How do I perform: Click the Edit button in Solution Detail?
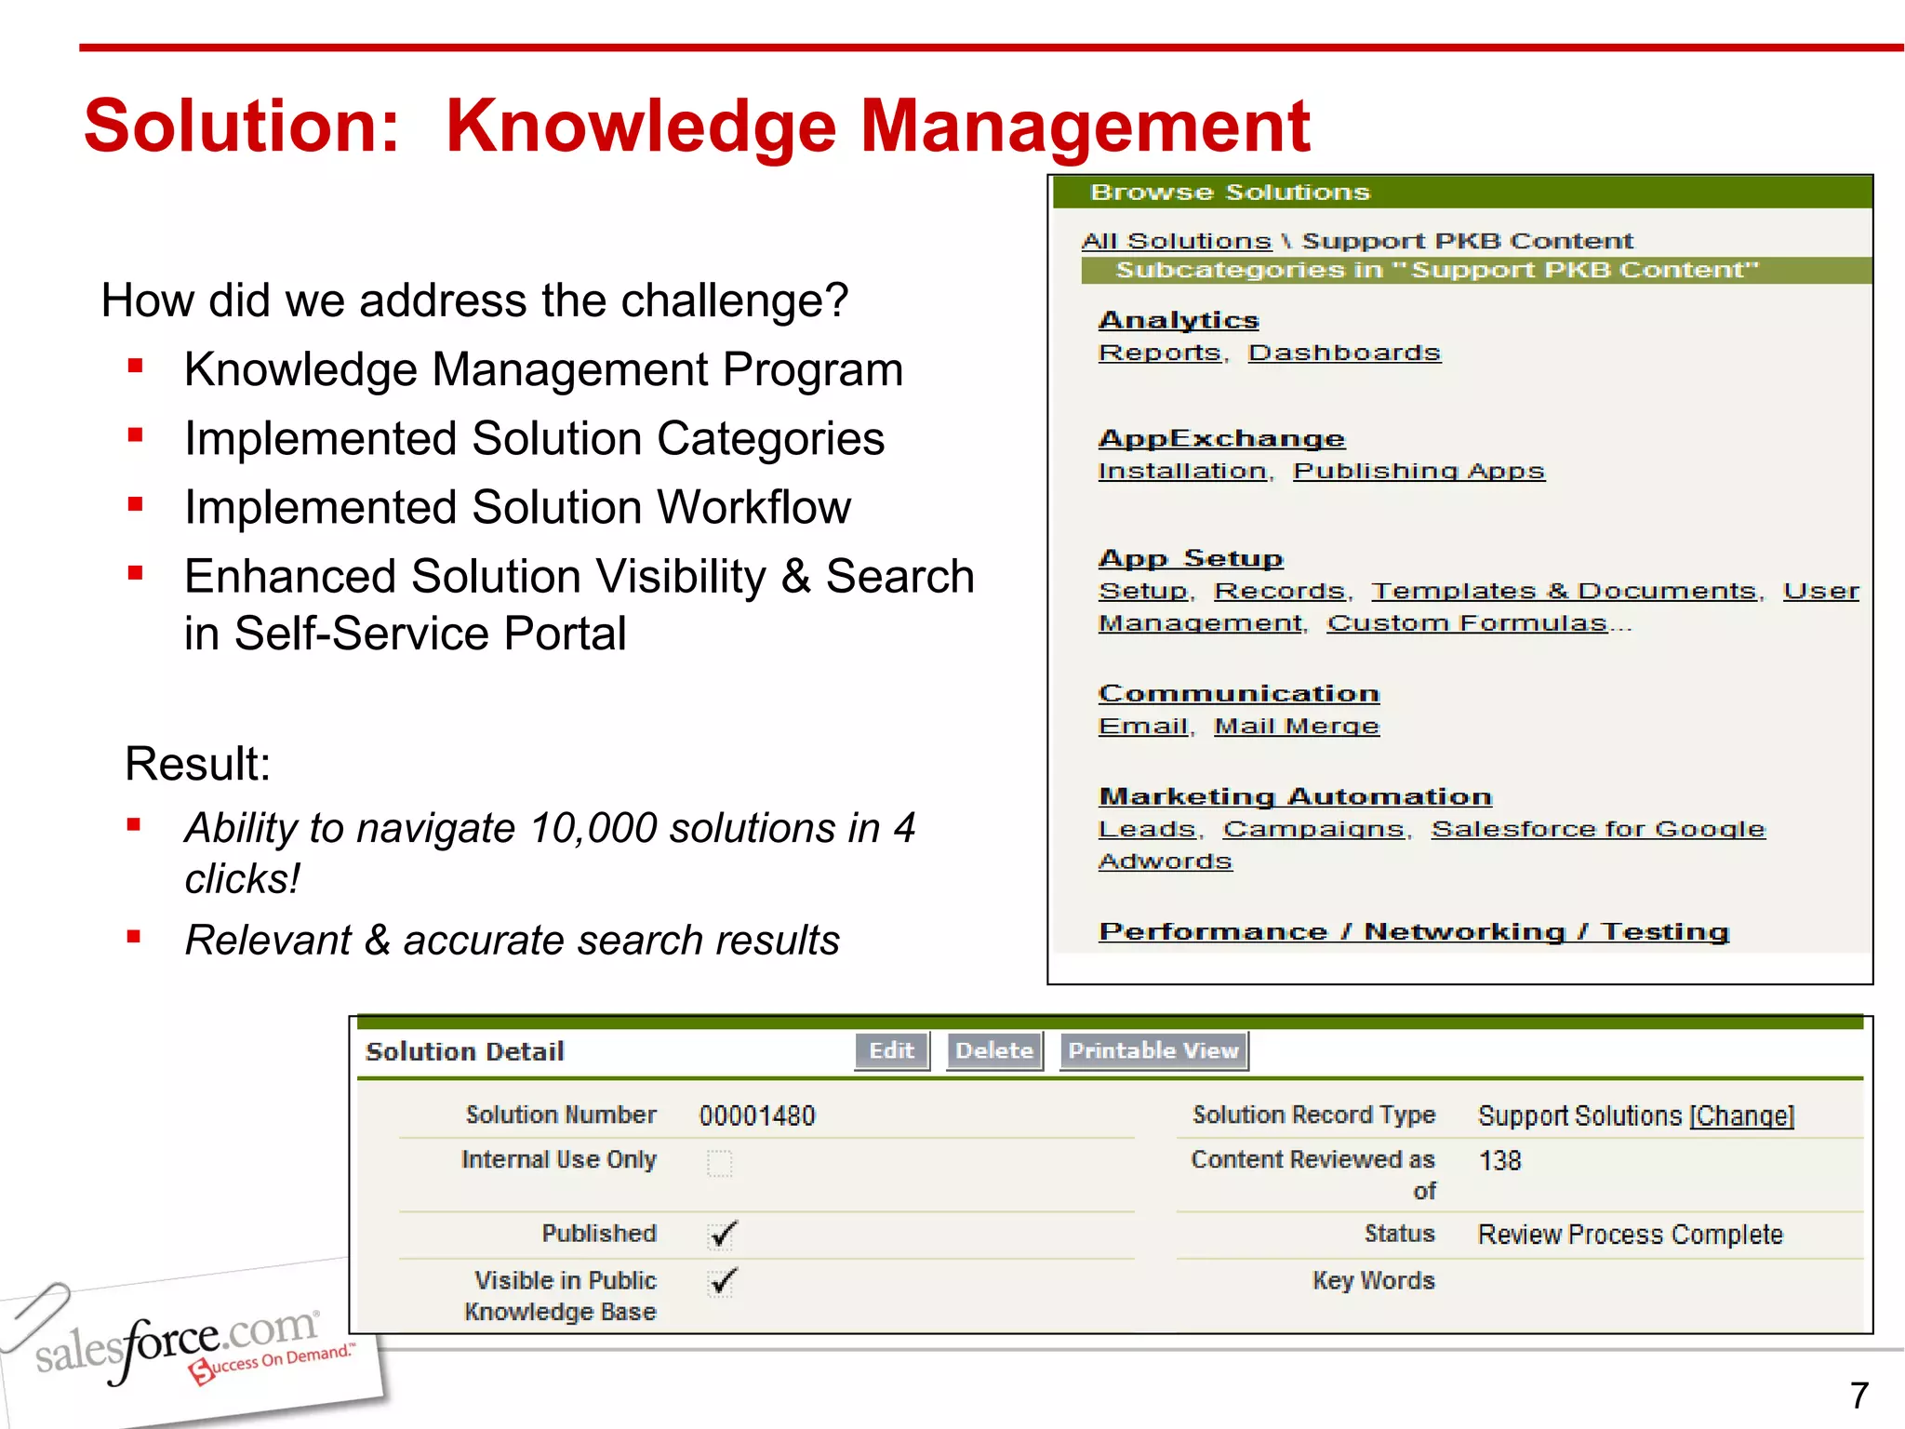(891, 1051)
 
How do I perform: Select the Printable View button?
(1153, 1051)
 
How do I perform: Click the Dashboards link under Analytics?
(1344, 354)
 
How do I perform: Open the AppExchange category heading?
(1221, 439)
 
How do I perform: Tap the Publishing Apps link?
(1419, 472)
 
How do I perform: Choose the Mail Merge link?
(1297, 727)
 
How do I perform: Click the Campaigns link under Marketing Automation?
(1313, 829)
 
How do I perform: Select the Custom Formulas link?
(1467, 623)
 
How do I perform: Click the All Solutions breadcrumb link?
(1176, 241)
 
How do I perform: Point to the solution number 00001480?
(757, 1115)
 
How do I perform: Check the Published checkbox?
(721, 1235)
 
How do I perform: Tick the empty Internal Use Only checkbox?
(720, 1163)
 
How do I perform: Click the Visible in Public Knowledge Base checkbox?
(721, 1282)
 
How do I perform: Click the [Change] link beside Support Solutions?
(1741, 1115)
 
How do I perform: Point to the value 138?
(1499, 1161)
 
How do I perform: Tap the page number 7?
(1858, 1396)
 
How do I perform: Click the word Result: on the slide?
(197, 764)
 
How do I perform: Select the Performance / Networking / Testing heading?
(1414, 932)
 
